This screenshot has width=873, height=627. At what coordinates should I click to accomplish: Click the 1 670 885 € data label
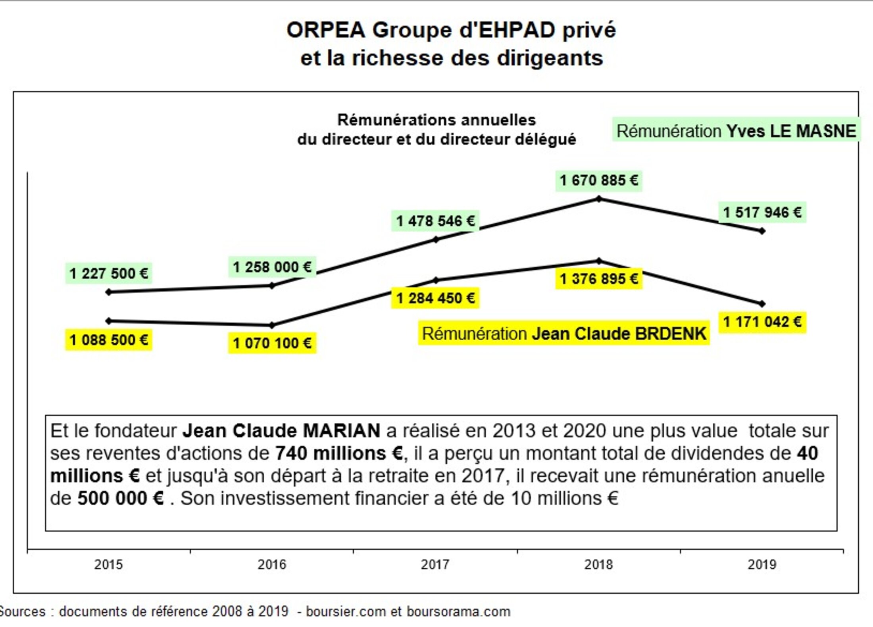(598, 181)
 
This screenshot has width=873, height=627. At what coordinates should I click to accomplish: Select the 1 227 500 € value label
(109, 274)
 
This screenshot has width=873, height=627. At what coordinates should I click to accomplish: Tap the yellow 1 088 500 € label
(109, 340)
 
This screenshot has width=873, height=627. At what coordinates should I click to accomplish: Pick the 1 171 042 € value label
(762, 322)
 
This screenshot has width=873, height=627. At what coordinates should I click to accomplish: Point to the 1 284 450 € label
(435, 298)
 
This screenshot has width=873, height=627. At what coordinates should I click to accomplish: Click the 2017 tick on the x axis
(435, 564)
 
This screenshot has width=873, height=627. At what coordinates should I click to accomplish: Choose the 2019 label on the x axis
(762, 564)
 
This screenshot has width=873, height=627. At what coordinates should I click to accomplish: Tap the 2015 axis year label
(108, 564)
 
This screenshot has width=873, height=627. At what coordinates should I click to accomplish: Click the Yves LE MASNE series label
(736, 131)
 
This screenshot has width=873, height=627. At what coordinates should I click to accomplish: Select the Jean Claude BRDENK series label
(564, 334)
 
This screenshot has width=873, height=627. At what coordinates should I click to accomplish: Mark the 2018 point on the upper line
(599, 199)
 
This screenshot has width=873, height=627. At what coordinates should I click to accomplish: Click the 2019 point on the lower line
(762, 304)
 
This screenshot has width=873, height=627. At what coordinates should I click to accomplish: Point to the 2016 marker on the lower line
(272, 325)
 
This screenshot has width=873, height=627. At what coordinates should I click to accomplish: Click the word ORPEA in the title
(325, 31)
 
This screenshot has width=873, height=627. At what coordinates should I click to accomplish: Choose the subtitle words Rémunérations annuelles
(436, 120)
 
